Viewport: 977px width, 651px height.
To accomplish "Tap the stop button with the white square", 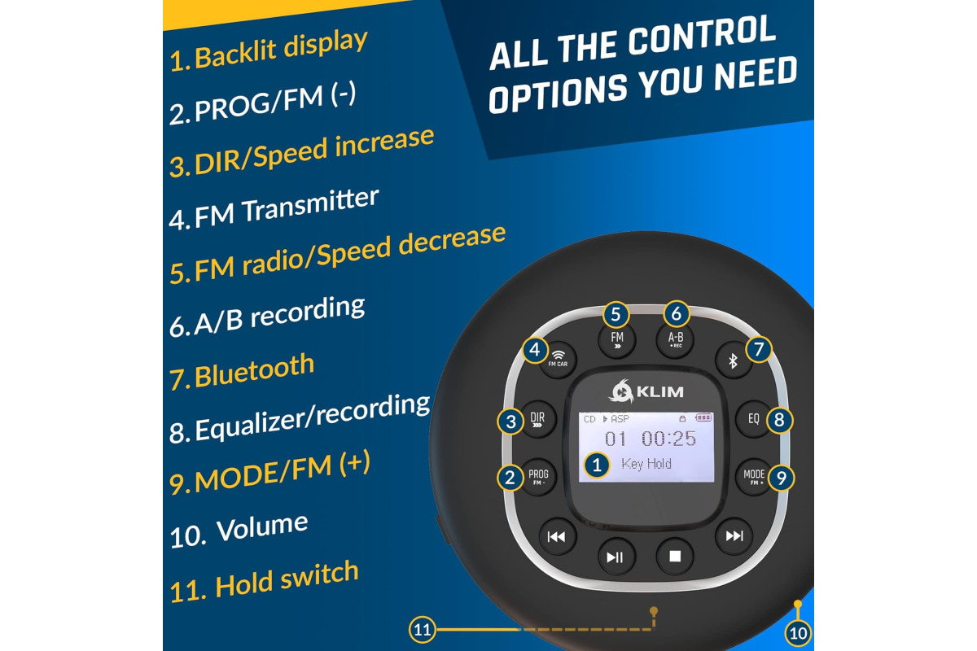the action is [x=675, y=556].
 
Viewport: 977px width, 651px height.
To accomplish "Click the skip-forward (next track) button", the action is [x=734, y=535].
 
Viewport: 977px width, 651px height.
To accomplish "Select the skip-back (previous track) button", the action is [x=557, y=536].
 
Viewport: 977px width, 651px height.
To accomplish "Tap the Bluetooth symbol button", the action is [x=734, y=360].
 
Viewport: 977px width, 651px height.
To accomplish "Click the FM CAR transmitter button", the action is [x=559, y=360].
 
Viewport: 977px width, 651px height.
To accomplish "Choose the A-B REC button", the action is [x=675, y=340].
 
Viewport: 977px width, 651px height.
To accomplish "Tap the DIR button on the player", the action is [x=538, y=419].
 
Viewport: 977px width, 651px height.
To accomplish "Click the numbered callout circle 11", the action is [x=423, y=630].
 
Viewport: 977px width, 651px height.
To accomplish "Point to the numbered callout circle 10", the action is [x=798, y=633].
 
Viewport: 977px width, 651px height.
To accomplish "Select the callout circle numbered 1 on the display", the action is [x=597, y=465].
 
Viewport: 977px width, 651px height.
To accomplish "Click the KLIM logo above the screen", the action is [x=646, y=391].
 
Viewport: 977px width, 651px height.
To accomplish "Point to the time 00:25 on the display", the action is [x=668, y=439].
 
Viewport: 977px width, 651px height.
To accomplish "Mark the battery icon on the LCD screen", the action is [x=703, y=417].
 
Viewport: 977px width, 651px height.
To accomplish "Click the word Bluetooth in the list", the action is [x=254, y=371].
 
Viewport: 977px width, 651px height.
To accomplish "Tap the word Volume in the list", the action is [x=262, y=527].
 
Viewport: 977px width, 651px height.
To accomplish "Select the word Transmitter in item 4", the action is [x=310, y=204].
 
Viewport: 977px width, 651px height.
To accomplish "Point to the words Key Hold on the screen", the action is [x=646, y=464].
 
